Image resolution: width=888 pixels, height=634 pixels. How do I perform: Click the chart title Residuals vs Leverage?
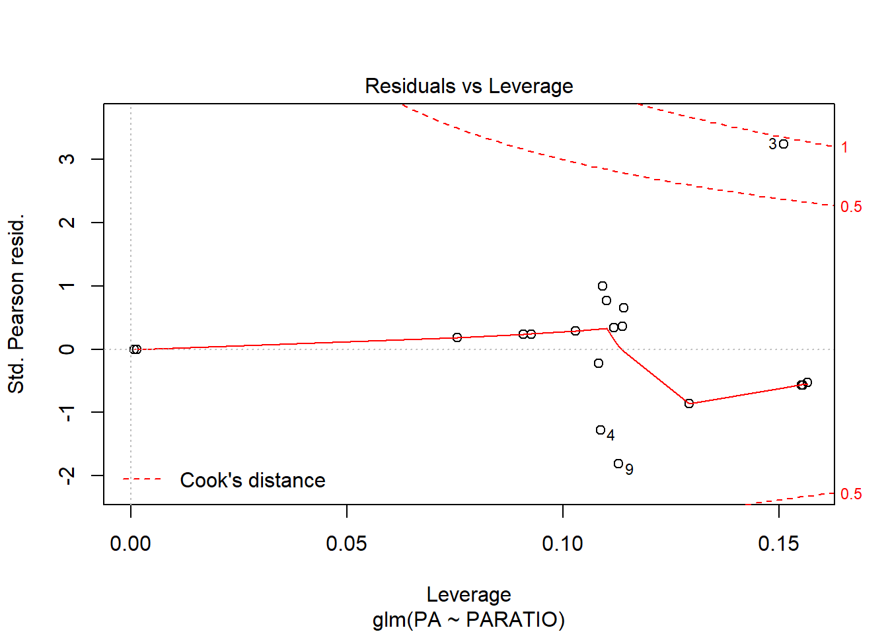468,87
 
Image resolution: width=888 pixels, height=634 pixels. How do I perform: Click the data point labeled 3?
784,144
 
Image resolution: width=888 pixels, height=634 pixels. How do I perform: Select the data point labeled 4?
601,430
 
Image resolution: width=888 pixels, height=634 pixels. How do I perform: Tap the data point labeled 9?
618,464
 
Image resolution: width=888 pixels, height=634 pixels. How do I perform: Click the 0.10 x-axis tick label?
562,544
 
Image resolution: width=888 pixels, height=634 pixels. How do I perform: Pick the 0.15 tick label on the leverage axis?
778,544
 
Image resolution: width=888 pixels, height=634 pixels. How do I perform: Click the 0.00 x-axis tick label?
131,544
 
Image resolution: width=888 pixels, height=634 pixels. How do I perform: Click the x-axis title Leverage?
468,594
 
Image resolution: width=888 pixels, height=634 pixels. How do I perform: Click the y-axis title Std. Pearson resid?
17,304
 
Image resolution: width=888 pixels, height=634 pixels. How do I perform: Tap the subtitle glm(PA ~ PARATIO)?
468,619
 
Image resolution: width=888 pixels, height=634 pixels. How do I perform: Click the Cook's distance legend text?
252,480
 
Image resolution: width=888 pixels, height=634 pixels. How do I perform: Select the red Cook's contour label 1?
844,147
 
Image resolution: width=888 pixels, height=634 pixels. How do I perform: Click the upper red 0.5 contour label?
851,207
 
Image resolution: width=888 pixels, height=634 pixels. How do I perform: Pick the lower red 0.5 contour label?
851,494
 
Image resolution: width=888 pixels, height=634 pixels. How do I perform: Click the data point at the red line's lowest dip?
689,404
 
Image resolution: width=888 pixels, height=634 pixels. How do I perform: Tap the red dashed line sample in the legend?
142,479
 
